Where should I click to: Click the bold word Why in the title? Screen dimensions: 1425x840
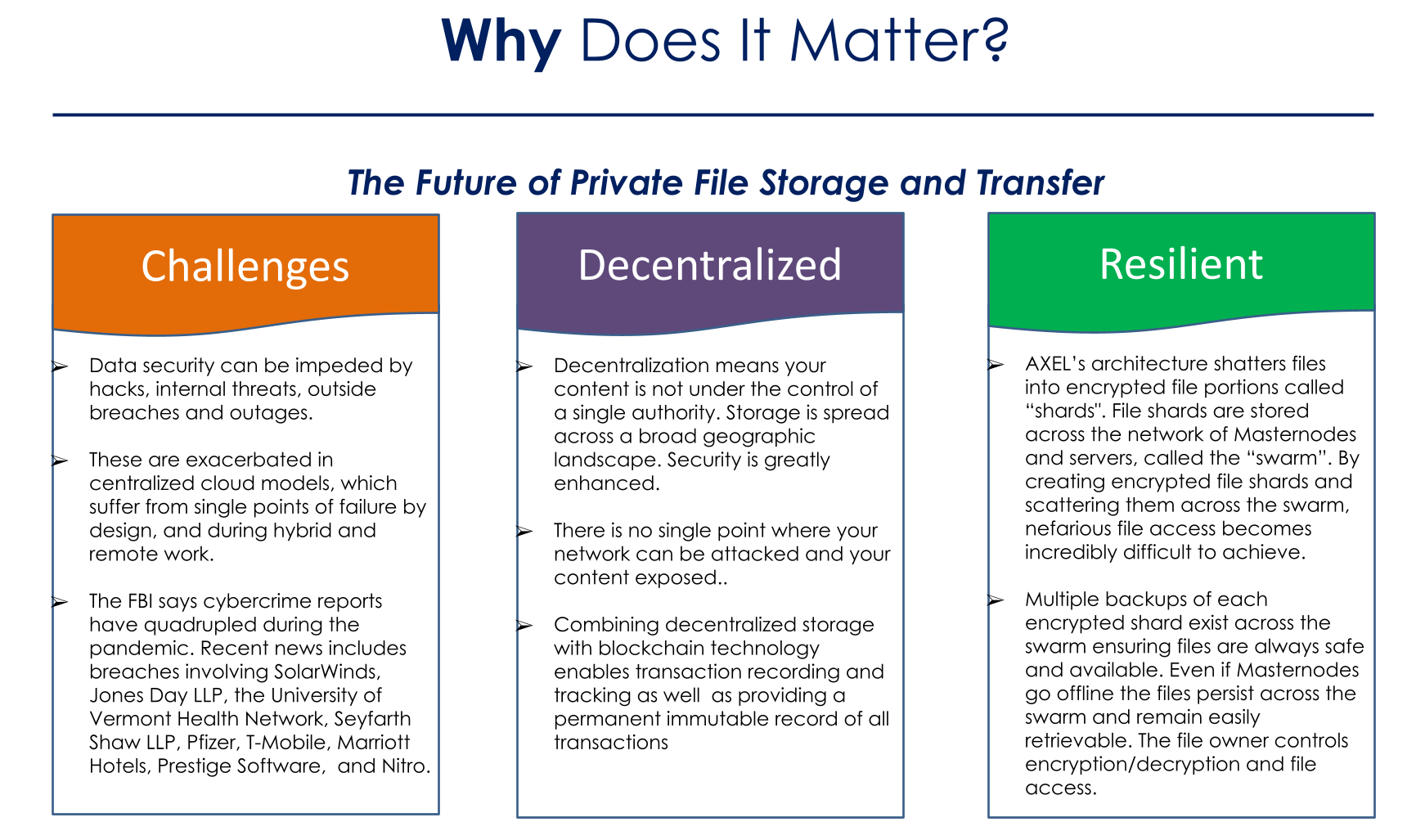coord(501,41)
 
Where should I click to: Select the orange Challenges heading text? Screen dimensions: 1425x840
coord(245,267)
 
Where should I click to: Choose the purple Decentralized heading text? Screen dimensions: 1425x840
coord(710,265)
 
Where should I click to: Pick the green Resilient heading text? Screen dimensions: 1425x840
coord(1181,264)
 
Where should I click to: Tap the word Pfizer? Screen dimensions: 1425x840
coord(209,743)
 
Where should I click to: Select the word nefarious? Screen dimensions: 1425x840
coord(1065,529)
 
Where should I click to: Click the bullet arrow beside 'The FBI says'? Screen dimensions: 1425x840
coord(59,602)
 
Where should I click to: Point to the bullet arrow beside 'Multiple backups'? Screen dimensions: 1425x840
coord(995,600)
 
